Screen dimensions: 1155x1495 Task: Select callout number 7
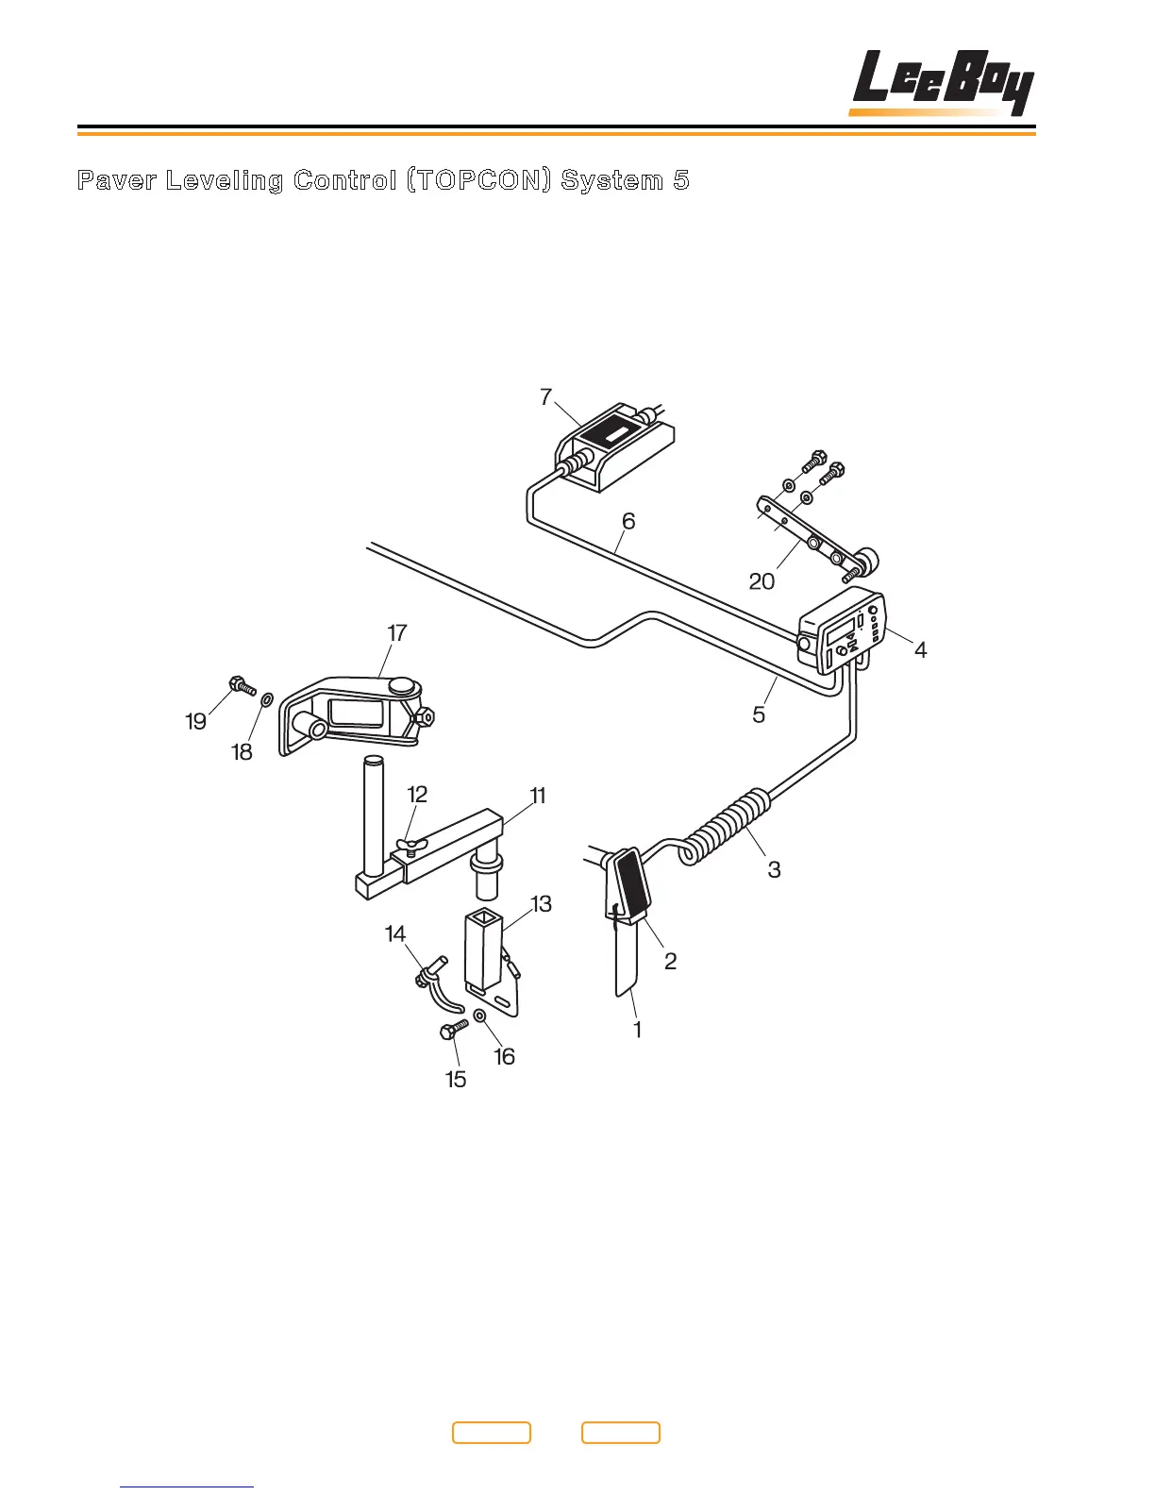click(x=545, y=397)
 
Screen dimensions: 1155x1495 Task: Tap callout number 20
click(x=762, y=581)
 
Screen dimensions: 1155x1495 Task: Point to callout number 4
click(x=920, y=649)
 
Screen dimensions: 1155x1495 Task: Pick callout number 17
click(x=397, y=632)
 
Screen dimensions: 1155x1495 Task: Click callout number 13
click(x=541, y=904)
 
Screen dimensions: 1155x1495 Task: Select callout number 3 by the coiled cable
click(x=774, y=869)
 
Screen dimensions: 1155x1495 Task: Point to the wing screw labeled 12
click(x=409, y=843)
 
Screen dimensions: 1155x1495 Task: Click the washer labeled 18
click(x=266, y=699)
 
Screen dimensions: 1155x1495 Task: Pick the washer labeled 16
click(x=479, y=1016)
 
